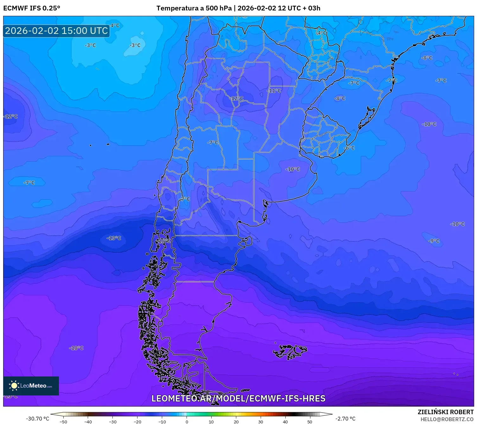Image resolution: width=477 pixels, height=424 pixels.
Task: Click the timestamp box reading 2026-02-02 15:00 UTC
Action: [56, 31]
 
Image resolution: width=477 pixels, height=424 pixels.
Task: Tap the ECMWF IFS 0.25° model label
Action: [32, 8]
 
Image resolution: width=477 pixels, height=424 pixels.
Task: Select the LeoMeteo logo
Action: [31, 386]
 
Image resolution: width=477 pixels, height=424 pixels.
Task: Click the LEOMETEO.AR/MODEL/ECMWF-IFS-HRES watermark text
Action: [238, 398]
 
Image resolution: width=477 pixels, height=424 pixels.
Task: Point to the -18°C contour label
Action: [76, 348]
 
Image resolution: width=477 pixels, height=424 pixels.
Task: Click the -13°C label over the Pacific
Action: [114, 238]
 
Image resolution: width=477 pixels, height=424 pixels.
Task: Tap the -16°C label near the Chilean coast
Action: [163, 241]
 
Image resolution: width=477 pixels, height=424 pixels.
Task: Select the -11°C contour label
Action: [274, 91]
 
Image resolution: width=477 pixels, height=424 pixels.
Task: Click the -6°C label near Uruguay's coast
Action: [350, 148]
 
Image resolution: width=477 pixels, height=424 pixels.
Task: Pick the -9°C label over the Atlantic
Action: [434, 241]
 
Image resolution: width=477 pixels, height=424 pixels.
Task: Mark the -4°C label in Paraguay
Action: [321, 33]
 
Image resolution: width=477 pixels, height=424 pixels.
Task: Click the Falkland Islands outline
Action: [290, 351]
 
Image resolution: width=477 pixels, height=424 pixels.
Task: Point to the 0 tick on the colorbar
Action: [187, 421]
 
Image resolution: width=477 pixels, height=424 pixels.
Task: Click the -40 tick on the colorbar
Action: [88, 421]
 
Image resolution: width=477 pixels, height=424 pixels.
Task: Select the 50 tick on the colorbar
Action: [309, 421]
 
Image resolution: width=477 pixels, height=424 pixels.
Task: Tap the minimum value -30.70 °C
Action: [37, 419]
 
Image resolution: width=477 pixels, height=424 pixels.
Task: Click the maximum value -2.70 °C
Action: [345, 419]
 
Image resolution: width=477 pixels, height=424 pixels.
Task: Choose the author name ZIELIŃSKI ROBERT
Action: [445, 412]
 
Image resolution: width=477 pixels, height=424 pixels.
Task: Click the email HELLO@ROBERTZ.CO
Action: [447, 419]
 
